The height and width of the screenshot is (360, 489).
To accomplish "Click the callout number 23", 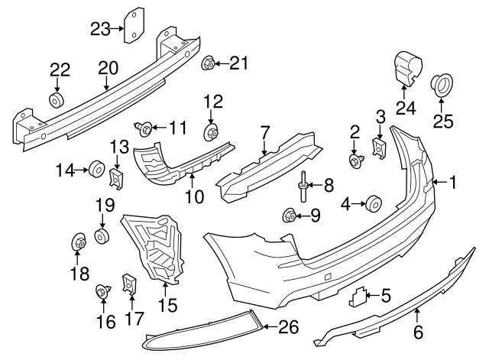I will pyautogui.click(x=100, y=30).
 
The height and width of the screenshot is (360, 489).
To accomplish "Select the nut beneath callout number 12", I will pyautogui.click(x=212, y=135).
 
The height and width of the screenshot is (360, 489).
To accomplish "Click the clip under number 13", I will pyautogui.click(x=117, y=179).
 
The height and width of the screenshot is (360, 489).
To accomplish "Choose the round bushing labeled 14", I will pyautogui.click(x=96, y=168).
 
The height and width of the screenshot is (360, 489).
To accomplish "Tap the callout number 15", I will pyautogui.click(x=167, y=306).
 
